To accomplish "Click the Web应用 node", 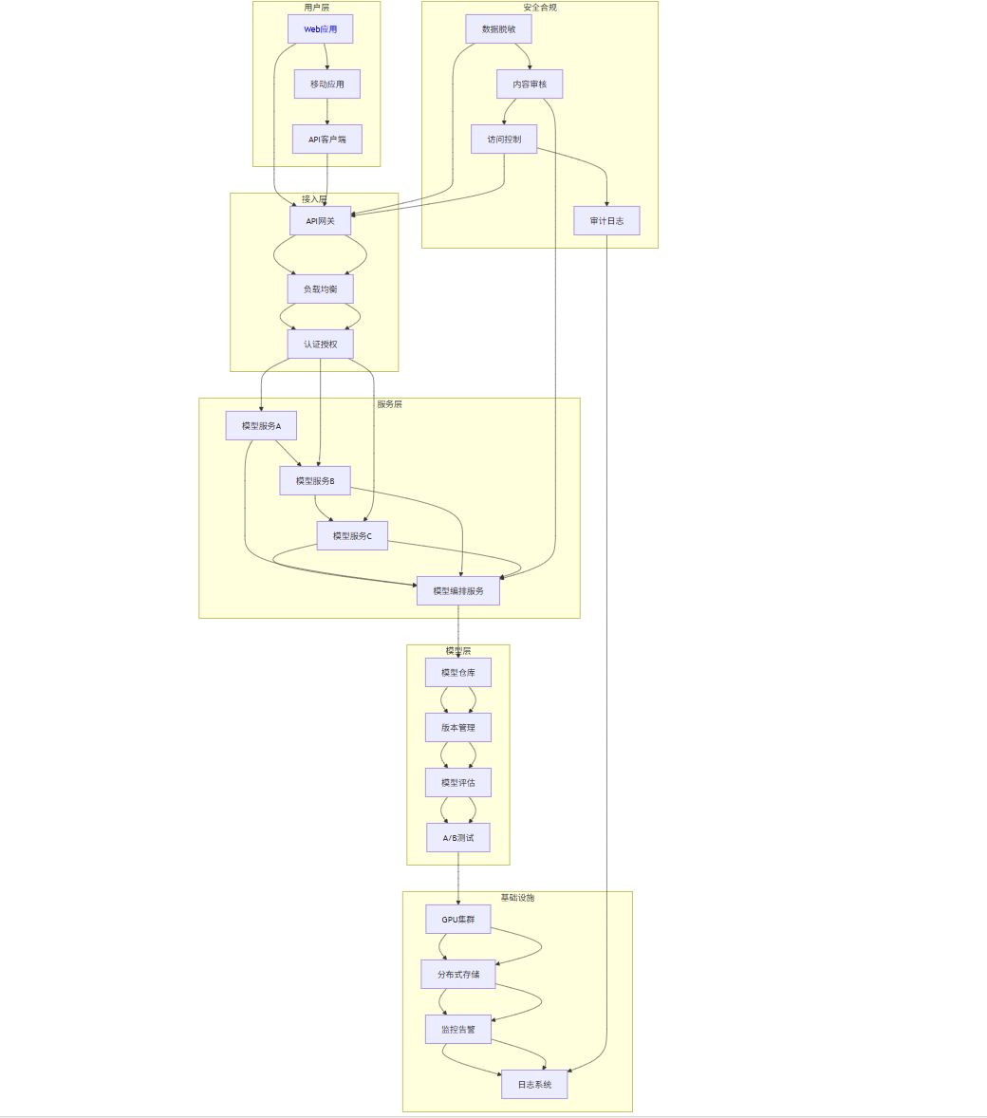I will click(320, 29).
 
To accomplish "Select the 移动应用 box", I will click(326, 84).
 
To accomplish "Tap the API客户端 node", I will click(326, 140).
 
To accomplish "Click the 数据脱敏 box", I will click(498, 29).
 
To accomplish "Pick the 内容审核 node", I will click(530, 84).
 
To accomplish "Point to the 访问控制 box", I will click(504, 140).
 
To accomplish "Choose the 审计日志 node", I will click(606, 221).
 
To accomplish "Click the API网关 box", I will click(320, 221).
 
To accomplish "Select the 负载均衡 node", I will click(320, 289).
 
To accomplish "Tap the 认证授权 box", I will click(320, 345).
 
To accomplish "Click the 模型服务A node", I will click(261, 426).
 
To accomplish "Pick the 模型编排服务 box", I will click(458, 591).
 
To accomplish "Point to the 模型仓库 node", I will click(458, 673).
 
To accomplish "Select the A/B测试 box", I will click(458, 838).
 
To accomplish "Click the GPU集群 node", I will click(458, 920).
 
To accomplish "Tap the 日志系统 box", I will click(534, 1085).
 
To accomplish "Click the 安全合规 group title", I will click(540, 8).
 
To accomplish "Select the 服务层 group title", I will click(389, 404).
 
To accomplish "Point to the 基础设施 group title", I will click(517, 898).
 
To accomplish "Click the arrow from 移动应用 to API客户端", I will click(327, 111).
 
